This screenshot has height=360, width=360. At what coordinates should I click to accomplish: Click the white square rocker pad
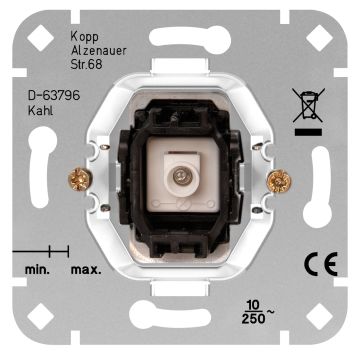[180, 179]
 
